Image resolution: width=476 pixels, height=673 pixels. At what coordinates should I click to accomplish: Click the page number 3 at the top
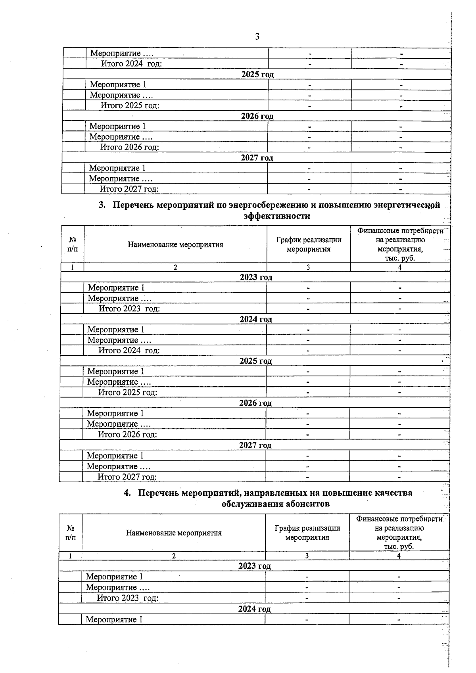click(x=257, y=36)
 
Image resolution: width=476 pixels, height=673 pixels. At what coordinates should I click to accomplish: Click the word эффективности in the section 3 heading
click(x=276, y=216)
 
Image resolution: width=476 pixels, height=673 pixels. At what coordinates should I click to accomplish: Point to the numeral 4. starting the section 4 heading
click(x=127, y=493)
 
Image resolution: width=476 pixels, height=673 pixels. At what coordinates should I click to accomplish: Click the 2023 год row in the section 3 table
click(x=256, y=277)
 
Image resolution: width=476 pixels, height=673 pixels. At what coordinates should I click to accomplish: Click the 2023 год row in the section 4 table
click(x=254, y=566)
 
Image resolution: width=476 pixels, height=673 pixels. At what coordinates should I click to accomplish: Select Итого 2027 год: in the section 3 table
click(x=127, y=477)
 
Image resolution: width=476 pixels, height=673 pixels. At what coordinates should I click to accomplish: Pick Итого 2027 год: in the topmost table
click(x=129, y=189)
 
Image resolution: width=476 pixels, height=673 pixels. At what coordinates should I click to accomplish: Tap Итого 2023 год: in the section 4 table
click(x=127, y=598)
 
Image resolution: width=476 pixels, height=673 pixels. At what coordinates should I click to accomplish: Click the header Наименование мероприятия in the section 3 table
click(x=175, y=245)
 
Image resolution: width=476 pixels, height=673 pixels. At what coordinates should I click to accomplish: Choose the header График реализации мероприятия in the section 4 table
click(x=307, y=533)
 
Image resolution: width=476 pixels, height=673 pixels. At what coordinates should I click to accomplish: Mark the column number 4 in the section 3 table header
click(x=400, y=268)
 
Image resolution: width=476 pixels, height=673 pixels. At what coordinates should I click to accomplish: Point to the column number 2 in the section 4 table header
click(x=174, y=556)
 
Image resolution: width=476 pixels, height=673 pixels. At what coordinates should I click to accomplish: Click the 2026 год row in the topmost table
click(x=257, y=116)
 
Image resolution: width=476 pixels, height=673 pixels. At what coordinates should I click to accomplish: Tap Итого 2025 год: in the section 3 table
click(x=128, y=393)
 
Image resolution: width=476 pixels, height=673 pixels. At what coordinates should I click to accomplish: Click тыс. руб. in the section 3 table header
click(x=399, y=258)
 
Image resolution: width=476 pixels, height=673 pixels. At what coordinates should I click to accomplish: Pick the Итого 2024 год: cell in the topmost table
click(x=131, y=64)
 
